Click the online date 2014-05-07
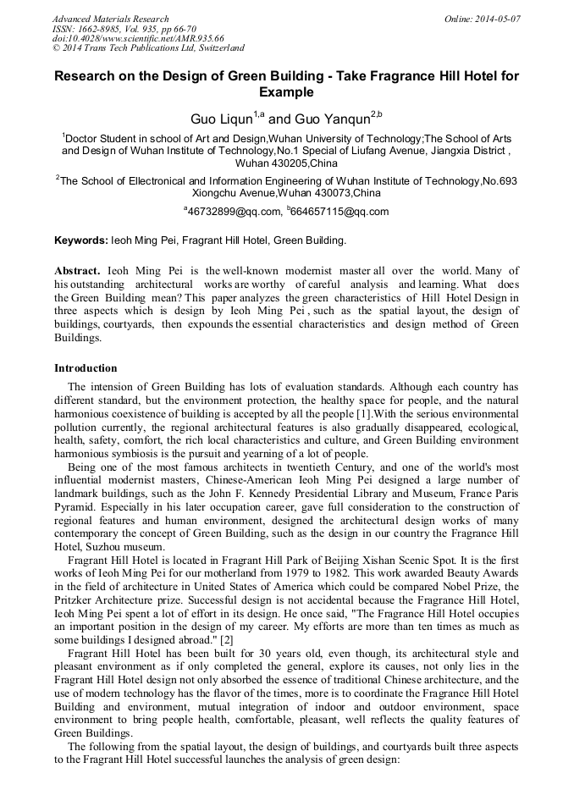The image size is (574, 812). [496, 19]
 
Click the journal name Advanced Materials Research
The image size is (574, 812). [110, 19]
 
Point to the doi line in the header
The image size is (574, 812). [138, 38]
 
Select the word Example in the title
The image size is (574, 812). [286, 92]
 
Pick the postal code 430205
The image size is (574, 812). [261, 163]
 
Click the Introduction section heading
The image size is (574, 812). [86, 368]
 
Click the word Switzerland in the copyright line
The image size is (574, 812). [215, 48]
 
